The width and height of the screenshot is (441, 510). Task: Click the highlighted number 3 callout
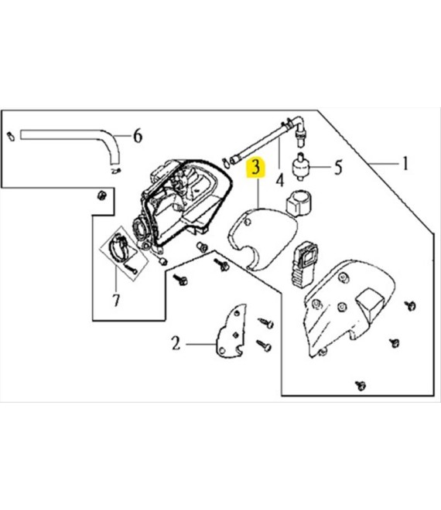pos(257,168)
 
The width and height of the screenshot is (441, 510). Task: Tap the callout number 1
pos(405,163)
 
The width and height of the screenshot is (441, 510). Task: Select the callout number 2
pos(176,343)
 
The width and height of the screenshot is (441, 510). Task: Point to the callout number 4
pos(280,180)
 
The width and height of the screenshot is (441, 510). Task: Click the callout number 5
pos(338,168)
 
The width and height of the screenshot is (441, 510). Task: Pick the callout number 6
pos(138,135)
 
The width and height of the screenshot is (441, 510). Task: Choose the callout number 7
pos(116,300)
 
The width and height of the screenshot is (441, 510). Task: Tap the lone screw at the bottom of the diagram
pos(361,386)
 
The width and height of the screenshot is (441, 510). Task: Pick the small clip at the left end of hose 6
pos(11,136)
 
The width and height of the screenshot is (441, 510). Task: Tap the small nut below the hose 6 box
pos(102,195)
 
